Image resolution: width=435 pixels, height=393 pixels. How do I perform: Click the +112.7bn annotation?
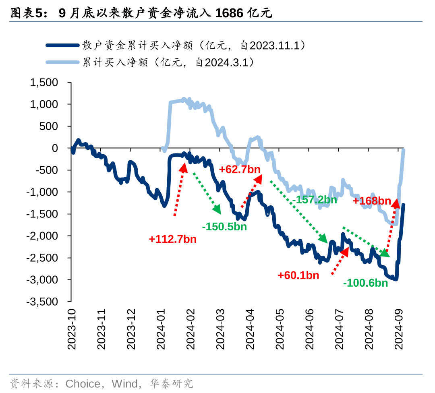point(172,239)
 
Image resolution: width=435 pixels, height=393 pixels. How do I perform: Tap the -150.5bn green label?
point(224,227)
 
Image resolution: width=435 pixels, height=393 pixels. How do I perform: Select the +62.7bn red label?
point(240,170)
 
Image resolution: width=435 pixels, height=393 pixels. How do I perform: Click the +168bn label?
point(372,201)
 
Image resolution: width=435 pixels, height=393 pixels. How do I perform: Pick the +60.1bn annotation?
point(298,275)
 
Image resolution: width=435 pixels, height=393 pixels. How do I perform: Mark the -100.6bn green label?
point(365,283)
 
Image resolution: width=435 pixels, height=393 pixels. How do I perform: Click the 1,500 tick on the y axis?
point(44,83)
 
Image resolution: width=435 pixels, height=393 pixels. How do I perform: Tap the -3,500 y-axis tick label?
point(43,302)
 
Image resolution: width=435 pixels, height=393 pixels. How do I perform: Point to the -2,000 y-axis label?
point(43,236)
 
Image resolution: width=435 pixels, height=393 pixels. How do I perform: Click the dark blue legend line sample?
point(62,45)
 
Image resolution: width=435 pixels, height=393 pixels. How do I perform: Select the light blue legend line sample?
point(62,62)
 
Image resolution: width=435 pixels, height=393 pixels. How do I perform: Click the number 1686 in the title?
point(229,13)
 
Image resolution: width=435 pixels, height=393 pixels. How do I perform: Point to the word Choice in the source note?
point(83,383)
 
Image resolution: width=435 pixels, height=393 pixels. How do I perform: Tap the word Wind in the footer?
point(124,383)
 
